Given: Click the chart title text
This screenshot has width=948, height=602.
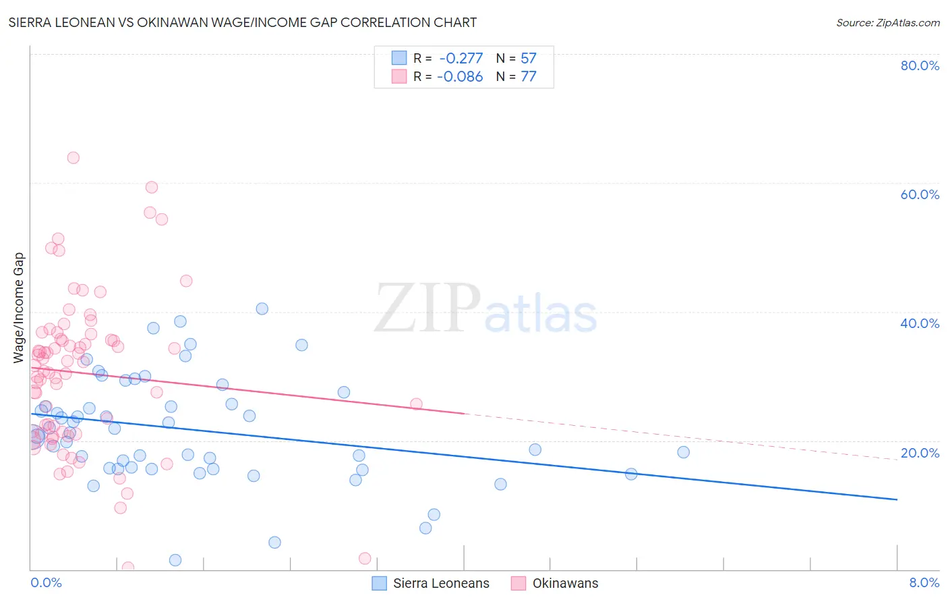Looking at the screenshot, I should [x=243, y=23].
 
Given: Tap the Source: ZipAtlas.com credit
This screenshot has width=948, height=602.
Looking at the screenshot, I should [x=887, y=23].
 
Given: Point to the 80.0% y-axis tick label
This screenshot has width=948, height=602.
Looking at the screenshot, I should [x=920, y=65].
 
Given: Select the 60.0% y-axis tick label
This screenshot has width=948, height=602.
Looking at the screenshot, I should [x=920, y=194].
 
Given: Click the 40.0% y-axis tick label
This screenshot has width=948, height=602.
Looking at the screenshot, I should [x=920, y=323].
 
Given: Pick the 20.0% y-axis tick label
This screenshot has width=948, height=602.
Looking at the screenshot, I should [x=920, y=453].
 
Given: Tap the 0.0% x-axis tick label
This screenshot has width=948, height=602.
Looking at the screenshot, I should [x=46, y=582].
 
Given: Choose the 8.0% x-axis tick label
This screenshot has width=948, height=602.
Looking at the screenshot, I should [x=924, y=582].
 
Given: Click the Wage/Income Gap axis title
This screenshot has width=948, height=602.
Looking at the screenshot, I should [x=19, y=308].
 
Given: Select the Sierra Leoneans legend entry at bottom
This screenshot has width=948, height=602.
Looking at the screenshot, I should [x=432, y=583].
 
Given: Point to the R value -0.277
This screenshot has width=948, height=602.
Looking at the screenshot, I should [x=461, y=59].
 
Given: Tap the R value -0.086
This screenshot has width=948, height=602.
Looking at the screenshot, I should [x=460, y=77].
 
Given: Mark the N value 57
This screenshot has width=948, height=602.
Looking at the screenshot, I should [x=529, y=59].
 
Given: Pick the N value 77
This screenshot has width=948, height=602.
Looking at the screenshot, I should [x=529, y=77].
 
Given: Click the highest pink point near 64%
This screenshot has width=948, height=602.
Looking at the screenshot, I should [x=73, y=158].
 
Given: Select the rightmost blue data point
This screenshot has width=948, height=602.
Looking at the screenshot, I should [x=683, y=452].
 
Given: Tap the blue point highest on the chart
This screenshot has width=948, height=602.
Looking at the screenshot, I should [x=262, y=308].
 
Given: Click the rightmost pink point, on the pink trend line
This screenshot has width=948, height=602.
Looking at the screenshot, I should [x=416, y=404].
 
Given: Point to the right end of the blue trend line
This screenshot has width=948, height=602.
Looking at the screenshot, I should [x=897, y=499].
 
